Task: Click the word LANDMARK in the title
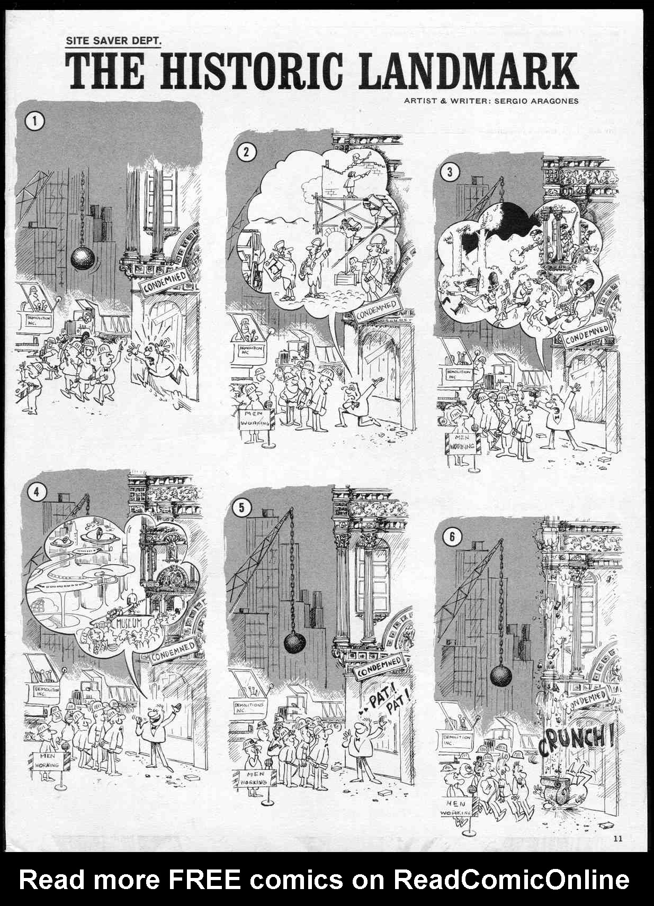[468, 71]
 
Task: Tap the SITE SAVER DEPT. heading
[113, 40]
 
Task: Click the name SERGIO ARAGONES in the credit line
[536, 101]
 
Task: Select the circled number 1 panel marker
[35, 121]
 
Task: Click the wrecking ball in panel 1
[83, 258]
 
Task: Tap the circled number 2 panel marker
[246, 152]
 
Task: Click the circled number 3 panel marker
[450, 172]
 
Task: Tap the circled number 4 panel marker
[36, 492]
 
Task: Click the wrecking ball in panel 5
[294, 642]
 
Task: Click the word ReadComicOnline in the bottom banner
[511, 880]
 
